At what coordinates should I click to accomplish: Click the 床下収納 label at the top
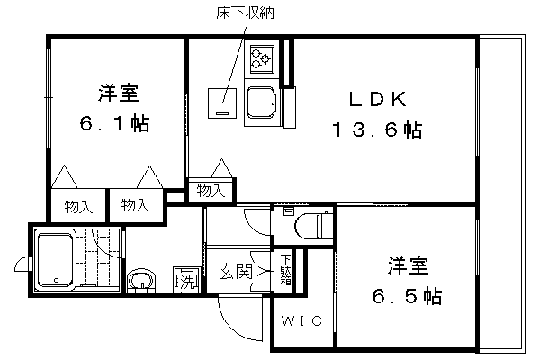pos(245,13)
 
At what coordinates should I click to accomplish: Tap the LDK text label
pos(378,99)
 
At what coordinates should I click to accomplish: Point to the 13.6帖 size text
pos(377,130)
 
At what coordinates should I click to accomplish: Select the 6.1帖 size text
pos(114,123)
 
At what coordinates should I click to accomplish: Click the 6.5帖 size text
pos(407,296)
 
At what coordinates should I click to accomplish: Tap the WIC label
pos(302,321)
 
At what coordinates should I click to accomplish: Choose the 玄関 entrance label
pos(236,272)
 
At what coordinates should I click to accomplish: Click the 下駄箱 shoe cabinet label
pos(286,270)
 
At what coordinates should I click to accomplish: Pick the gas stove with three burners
pos(260,59)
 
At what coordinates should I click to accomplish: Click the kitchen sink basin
pos(260,103)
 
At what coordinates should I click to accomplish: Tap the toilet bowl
pos(313,226)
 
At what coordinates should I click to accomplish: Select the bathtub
pos(55,261)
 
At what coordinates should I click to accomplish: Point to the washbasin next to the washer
pos(141,280)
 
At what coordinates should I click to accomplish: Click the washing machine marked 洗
pos(186,279)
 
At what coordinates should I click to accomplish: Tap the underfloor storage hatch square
pos(222,103)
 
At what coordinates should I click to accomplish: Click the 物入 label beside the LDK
pos(211,191)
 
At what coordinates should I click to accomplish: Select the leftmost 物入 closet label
pos(78,207)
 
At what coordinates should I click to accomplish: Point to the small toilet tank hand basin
pos(288,211)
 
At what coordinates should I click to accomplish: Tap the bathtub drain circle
pos(57,280)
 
